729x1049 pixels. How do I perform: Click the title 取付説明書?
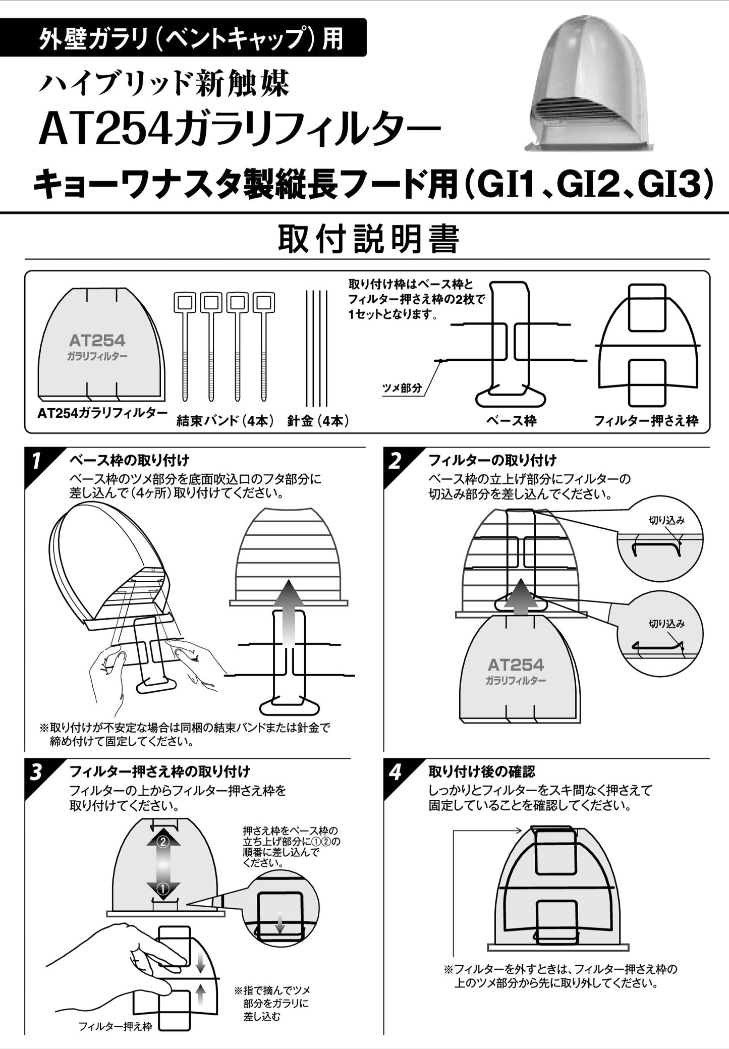368,239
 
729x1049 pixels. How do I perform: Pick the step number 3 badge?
36,772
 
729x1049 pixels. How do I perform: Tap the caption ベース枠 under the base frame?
511,421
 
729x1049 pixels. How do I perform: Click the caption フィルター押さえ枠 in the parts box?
646,421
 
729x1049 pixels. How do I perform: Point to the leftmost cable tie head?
183,302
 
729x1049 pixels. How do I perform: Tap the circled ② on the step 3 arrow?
163,842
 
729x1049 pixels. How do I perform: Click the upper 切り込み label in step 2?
666,521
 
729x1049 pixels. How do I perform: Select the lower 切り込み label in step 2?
666,624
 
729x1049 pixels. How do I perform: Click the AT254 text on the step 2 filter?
516,665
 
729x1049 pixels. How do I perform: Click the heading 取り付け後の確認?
482,771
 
